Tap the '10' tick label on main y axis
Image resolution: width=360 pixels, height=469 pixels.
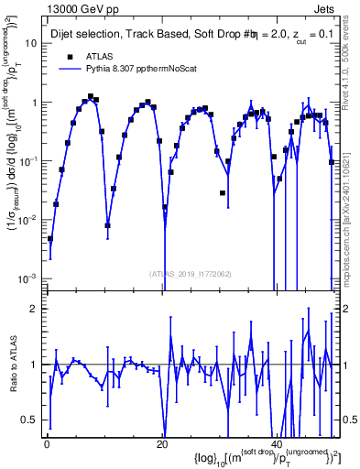(31, 43)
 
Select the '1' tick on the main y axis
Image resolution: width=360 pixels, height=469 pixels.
(35, 103)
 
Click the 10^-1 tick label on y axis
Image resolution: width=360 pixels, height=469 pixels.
(29, 160)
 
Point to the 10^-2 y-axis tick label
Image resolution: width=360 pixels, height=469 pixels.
(29, 219)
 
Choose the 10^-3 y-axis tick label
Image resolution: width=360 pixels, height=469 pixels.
(29, 278)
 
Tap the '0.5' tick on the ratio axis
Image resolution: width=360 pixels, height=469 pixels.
(30, 420)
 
